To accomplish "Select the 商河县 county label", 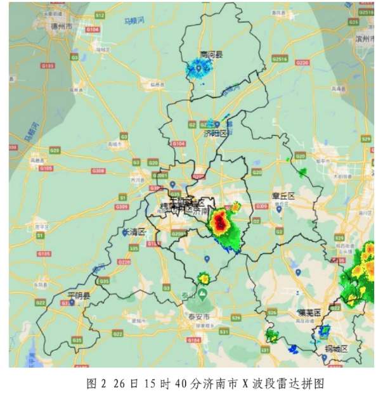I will tap(210, 55).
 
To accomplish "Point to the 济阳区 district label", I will tap(216, 134).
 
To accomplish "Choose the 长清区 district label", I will tap(134, 232).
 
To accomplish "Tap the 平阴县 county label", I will tap(79, 296).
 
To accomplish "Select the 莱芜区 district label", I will tap(310, 312).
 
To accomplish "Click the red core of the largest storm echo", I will tap(220, 222).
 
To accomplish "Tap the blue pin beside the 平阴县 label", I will tap(72, 303).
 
